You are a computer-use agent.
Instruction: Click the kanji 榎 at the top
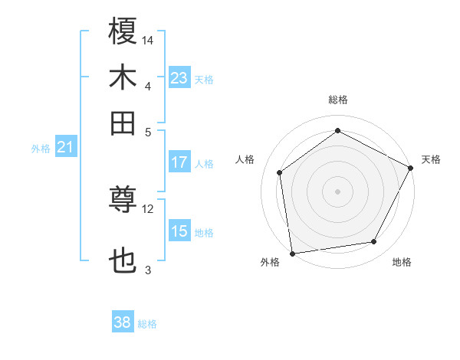(123, 31)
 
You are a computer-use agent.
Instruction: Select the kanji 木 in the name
(123, 78)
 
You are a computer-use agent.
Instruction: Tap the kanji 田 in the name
(123, 123)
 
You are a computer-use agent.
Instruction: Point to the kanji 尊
(123, 201)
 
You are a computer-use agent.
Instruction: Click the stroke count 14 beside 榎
(148, 40)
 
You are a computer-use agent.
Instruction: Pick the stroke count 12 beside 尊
(148, 208)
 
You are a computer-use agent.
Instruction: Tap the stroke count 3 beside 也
(148, 270)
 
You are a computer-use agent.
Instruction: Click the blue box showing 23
(179, 78)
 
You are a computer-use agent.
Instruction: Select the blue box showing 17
(179, 162)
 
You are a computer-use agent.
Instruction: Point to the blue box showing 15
(179, 231)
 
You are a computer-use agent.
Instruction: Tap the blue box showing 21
(64, 147)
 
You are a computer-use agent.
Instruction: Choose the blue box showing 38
(122, 323)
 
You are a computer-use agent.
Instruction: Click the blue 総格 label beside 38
(147, 324)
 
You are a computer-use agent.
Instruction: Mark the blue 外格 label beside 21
(41, 149)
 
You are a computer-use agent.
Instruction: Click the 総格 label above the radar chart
(337, 100)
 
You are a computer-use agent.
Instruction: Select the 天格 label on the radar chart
(431, 159)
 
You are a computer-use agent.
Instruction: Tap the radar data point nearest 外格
(292, 252)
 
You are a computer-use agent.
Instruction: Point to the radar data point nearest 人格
(280, 172)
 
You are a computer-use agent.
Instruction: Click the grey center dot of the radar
(337, 191)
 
